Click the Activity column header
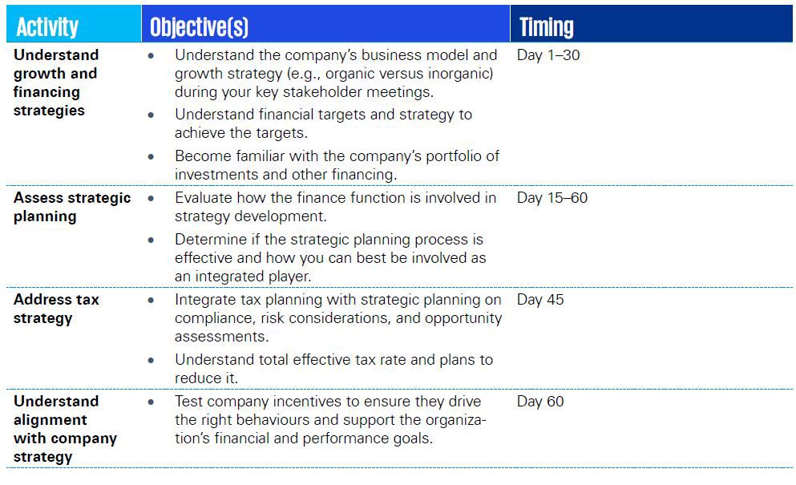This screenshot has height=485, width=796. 47,27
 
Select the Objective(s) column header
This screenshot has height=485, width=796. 199,27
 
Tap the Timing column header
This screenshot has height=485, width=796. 546,27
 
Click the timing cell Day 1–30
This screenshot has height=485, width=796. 548,55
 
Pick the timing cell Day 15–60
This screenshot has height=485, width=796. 552,197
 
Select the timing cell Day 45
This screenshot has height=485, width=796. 540,300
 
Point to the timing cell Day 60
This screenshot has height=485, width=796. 540,401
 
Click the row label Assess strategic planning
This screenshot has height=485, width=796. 72,207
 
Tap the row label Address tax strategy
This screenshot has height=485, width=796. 56,309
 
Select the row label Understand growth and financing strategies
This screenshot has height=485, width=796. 56,83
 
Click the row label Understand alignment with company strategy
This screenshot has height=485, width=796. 65,429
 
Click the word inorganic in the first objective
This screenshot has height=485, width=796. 460,74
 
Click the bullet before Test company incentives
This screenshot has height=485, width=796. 151,402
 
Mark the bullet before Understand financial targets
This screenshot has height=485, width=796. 151,115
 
